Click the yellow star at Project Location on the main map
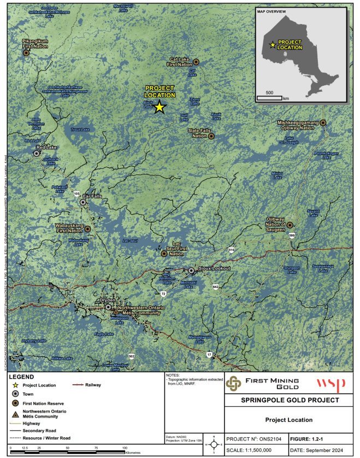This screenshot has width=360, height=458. (x=159, y=107)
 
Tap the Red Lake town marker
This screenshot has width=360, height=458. (x=37, y=154)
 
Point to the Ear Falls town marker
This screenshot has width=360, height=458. (x=82, y=202)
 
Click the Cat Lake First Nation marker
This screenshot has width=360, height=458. (x=196, y=62)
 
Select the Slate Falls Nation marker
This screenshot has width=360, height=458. (x=211, y=136)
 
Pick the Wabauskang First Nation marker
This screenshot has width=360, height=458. (x=87, y=229)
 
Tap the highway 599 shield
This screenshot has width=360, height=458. (x=292, y=236)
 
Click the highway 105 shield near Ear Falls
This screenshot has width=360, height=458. (x=77, y=193)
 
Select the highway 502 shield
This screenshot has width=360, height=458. (x=131, y=356)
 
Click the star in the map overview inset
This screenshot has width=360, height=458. (x=273, y=45)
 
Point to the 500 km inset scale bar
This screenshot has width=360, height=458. (x=269, y=98)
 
